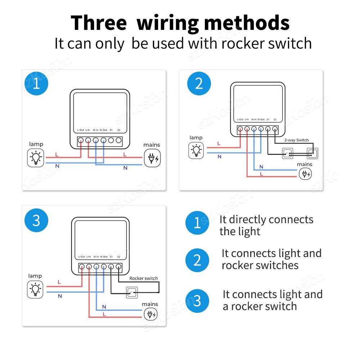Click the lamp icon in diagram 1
(36, 158)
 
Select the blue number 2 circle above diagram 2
(199, 84)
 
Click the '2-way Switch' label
(296, 140)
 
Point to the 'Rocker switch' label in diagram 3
(143, 278)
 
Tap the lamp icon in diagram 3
(36, 289)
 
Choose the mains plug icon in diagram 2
(305, 174)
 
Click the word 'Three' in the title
(99, 23)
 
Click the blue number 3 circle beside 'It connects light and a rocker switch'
(197, 301)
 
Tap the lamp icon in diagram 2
(196, 150)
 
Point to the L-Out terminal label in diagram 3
(82, 257)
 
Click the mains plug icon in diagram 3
(150, 314)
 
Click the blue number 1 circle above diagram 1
(36, 84)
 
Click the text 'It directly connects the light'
(266, 225)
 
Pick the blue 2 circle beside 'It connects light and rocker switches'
(197, 260)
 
